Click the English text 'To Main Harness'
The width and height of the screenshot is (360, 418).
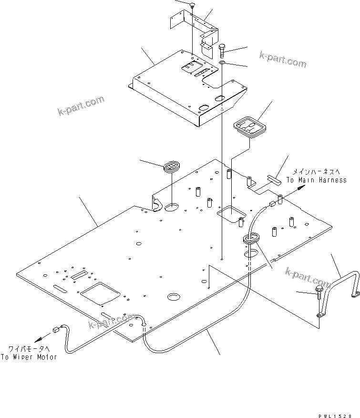pos(316,180)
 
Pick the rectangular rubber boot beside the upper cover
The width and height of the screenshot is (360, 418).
pos(250,127)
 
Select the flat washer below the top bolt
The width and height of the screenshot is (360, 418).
pos(223,63)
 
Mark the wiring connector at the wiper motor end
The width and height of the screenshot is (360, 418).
pos(56,329)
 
